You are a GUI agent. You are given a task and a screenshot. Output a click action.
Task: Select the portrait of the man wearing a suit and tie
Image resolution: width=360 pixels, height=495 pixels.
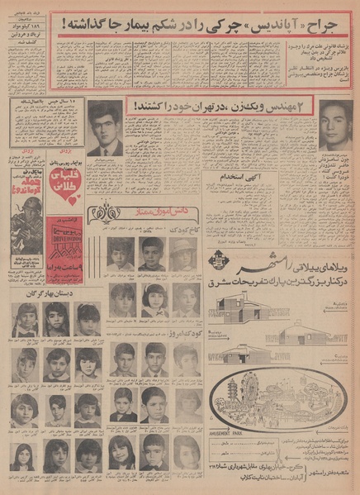pos(105,128)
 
